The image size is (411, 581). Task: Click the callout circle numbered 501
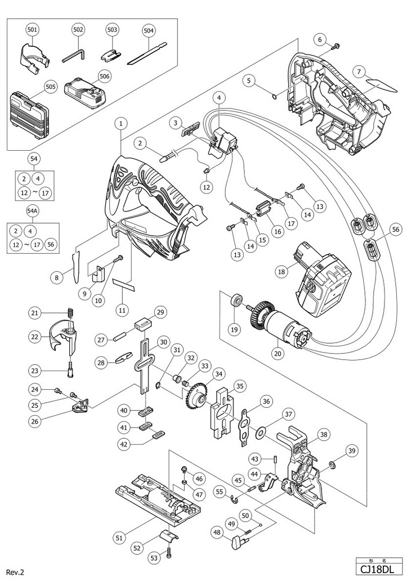tap(32, 29)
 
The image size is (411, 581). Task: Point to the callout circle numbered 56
tap(381, 229)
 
